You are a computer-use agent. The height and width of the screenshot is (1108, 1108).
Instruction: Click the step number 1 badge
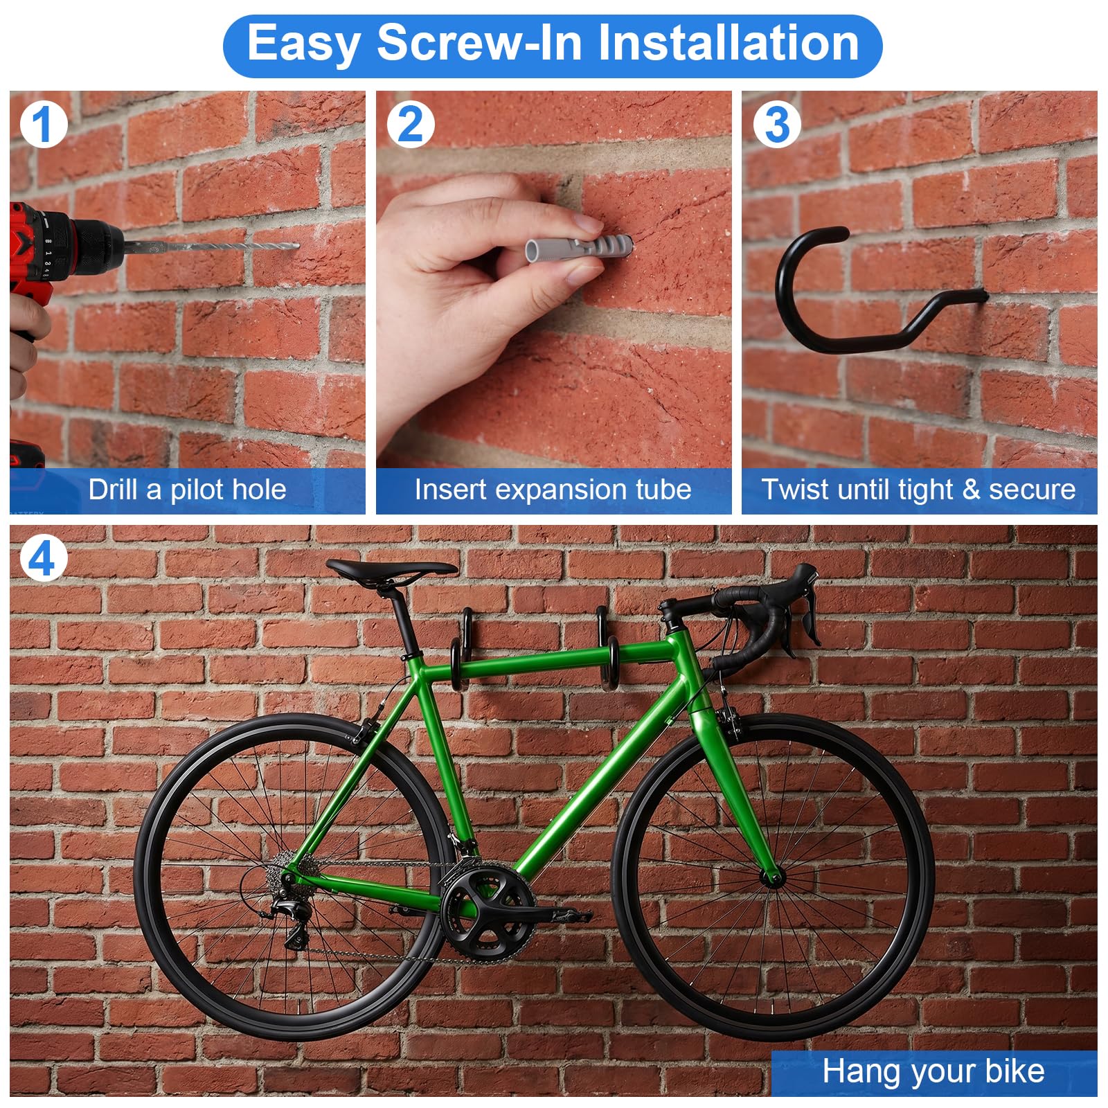(44, 125)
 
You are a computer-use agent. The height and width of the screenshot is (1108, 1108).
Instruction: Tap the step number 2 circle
(411, 125)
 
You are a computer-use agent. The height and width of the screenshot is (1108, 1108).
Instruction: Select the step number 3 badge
(777, 125)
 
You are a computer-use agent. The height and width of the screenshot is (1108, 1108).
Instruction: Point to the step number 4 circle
(44, 559)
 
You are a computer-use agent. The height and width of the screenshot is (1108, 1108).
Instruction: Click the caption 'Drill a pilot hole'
(187, 490)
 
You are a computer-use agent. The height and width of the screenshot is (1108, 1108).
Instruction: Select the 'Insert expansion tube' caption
(553, 490)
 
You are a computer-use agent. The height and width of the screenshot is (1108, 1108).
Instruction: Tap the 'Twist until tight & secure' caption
(919, 490)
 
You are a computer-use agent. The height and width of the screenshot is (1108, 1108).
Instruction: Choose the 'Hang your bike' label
(933, 1071)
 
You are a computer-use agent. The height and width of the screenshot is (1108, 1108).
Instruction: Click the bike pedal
(568, 915)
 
